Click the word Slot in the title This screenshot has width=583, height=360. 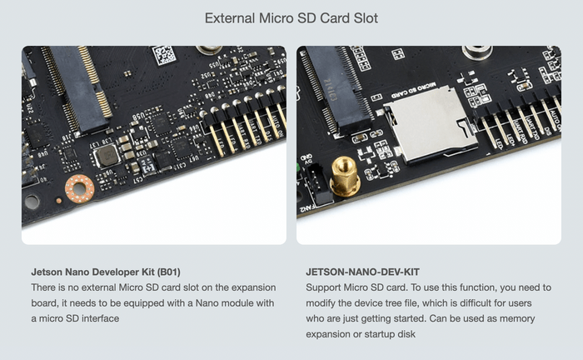(x=366, y=17)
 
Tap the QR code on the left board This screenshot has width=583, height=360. (x=164, y=55)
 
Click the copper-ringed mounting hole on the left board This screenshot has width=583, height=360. (x=80, y=189)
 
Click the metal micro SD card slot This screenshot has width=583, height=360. (x=432, y=124)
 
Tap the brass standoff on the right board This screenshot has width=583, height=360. (x=345, y=176)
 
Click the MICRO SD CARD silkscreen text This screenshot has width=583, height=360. (x=414, y=90)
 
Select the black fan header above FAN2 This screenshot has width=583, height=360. (x=319, y=183)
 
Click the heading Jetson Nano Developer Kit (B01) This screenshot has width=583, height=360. (x=106, y=272)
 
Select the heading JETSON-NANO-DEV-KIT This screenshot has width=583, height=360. (x=362, y=272)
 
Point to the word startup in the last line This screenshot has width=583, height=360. (x=380, y=334)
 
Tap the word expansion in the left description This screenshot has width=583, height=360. (x=253, y=287)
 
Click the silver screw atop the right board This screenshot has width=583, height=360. (x=477, y=52)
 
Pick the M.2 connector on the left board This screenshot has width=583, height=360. (x=77, y=88)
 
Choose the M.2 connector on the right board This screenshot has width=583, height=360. (x=336, y=90)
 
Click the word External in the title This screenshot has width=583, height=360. (x=230, y=17)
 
